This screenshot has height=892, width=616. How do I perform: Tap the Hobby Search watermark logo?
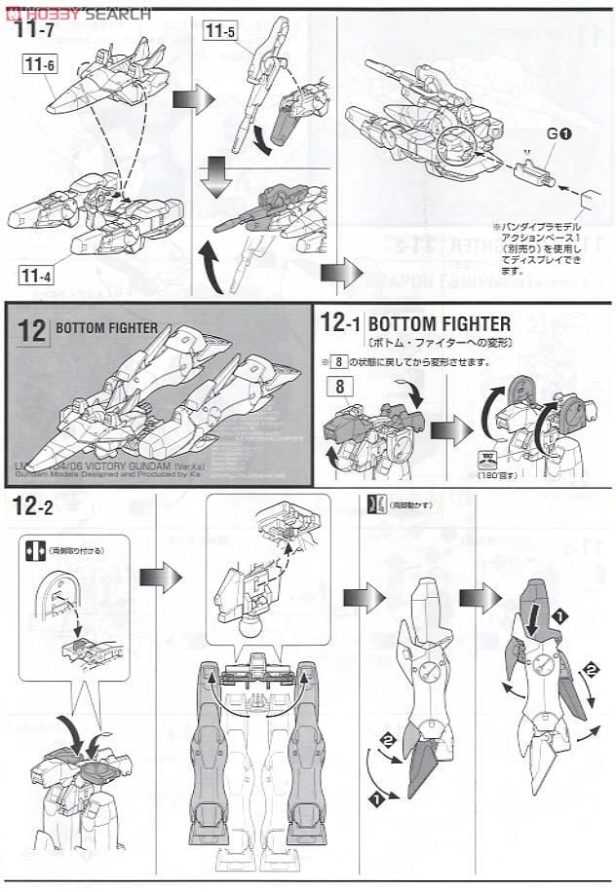[78, 12]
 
